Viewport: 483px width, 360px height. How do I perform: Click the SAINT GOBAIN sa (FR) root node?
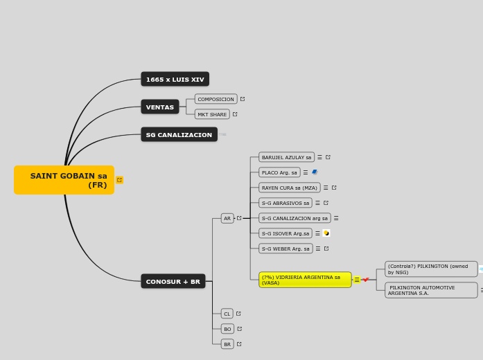[x=64, y=180]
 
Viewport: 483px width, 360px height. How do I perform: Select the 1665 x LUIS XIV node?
[x=175, y=79]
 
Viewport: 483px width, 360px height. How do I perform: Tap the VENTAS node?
[x=159, y=107]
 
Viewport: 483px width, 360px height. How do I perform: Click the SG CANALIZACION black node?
[x=179, y=134]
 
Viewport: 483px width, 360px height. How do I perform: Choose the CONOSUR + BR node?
[x=173, y=281]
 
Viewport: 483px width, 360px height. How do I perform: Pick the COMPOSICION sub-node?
[x=216, y=99]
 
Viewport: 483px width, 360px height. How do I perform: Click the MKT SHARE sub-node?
[x=211, y=114]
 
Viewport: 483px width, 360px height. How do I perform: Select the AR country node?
[x=227, y=218]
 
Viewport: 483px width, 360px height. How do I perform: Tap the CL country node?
[x=227, y=314]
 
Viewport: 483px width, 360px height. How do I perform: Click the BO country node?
[x=227, y=329]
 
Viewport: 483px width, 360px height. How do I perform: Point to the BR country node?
[x=227, y=344]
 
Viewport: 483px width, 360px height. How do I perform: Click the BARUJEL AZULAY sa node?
[x=286, y=157]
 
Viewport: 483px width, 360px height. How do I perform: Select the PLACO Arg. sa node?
[x=279, y=172]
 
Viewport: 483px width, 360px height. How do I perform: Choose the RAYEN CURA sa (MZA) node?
[x=289, y=188]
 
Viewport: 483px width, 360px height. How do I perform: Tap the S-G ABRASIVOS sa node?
[x=285, y=203]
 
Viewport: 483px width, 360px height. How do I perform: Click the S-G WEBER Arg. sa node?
[x=286, y=249]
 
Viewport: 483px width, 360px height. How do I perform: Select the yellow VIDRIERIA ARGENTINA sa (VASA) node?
[x=305, y=280]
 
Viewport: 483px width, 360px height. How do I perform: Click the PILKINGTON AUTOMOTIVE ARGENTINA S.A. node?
[x=431, y=290]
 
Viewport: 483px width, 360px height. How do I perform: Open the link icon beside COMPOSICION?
[x=243, y=99]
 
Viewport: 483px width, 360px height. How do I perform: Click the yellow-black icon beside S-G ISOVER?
[x=326, y=233]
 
